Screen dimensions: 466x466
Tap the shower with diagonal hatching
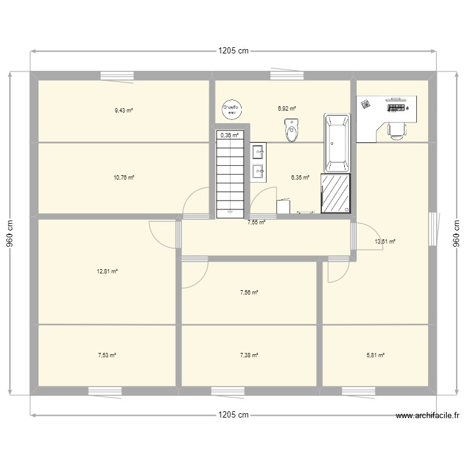click(336, 193)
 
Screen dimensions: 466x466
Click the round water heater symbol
click(231, 109)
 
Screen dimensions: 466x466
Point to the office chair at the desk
click(396, 129)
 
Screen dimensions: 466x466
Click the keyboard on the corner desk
click(396, 108)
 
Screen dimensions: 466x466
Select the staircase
click(230, 177)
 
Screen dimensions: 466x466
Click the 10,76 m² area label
click(123, 177)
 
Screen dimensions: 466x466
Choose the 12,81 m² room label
click(107, 271)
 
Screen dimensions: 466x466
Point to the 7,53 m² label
click(107, 355)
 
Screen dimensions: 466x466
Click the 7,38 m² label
click(249, 355)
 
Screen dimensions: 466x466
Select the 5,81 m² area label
click(375, 355)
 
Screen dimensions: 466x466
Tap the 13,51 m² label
click(385, 242)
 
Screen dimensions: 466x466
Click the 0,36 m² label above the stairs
click(229, 135)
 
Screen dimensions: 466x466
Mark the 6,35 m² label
click(299, 177)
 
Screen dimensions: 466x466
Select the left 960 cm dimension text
click(11, 233)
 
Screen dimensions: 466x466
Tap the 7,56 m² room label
click(249, 292)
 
